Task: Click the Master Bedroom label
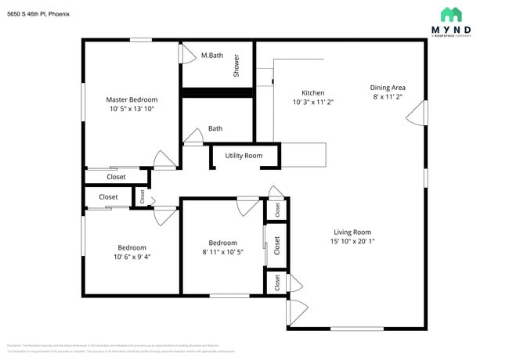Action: click(x=132, y=99)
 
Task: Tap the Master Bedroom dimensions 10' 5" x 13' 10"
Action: click(x=132, y=109)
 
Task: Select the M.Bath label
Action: click(x=213, y=56)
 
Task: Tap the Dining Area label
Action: click(x=388, y=88)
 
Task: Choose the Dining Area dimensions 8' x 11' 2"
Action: click(x=388, y=97)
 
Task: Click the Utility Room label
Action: click(x=244, y=156)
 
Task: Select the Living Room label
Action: click(x=352, y=232)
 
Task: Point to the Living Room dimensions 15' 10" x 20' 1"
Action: click(x=352, y=241)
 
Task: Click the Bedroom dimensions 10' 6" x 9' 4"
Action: click(x=132, y=257)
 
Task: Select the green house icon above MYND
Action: click(x=451, y=14)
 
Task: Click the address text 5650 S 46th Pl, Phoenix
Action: click(x=43, y=12)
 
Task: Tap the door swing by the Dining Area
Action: click(x=417, y=113)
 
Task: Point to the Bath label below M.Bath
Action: click(x=215, y=129)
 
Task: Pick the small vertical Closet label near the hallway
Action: click(x=143, y=196)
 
